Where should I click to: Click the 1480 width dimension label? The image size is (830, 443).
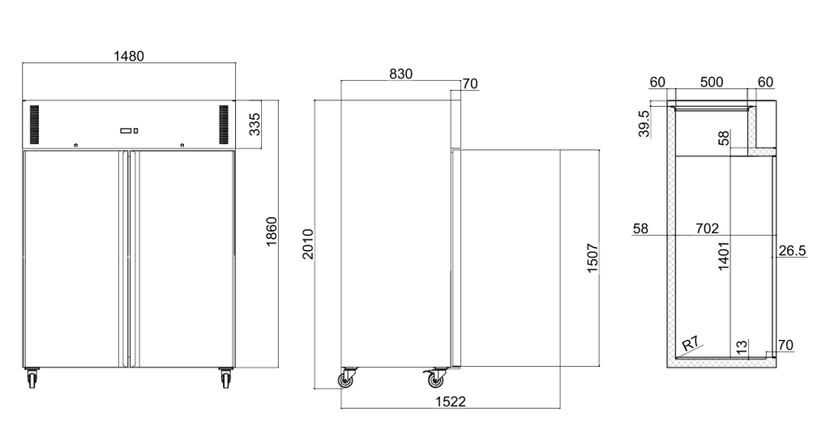coord(129,56)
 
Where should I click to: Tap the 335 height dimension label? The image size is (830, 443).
coord(255,124)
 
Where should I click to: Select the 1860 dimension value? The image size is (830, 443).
coord(271,232)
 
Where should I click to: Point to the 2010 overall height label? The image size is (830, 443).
coord(307,245)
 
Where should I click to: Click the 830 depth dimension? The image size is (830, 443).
coord(400,74)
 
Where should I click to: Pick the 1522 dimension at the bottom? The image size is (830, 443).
coord(451,402)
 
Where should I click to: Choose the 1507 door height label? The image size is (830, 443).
coord(593,258)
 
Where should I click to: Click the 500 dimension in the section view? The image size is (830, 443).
coord(712,82)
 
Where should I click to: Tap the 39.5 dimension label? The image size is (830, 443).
coord(644,124)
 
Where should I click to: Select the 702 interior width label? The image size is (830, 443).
coord(707,228)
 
